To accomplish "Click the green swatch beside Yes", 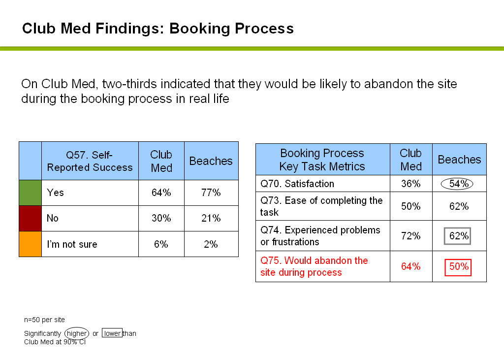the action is pyautogui.click(x=30, y=193).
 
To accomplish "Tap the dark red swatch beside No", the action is pyautogui.click(x=30, y=219).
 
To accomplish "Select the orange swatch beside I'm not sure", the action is pyautogui.click(x=30, y=244).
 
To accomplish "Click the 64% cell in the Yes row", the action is pyautogui.click(x=161, y=193).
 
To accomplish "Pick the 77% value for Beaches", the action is pyautogui.click(x=211, y=193).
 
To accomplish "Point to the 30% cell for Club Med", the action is pyautogui.click(x=161, y=218).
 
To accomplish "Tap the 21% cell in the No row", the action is pyautogui.click(x=211, y=218).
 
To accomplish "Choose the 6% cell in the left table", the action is pyautogui.click(x=161, y=244).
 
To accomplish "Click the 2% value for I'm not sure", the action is pyautogui.click(x=211, y=244).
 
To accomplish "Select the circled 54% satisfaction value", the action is pyautogui.click(x=457, y=184).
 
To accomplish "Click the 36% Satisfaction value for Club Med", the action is pyautogui.click(x=411, y=184).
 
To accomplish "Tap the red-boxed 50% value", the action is pyautogui.click(x=458, y=267).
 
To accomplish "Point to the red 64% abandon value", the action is pyautogui.click(x=411, y=266).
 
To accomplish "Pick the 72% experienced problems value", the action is pyautogui.click(x=411, y=236).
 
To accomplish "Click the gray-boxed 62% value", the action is pyautogui.click(x=457, y=236).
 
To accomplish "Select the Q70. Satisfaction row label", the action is pyautogui.click(x=297, y=184).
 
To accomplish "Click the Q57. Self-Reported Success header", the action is pyautogui.click(x=90, y=161).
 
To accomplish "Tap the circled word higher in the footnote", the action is pyautogui.click(x=77, y=333).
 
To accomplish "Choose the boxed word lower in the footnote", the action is pyautogui.click(x=112, y=333).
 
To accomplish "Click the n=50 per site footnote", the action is pyautogui.click(x=44, y=320).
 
